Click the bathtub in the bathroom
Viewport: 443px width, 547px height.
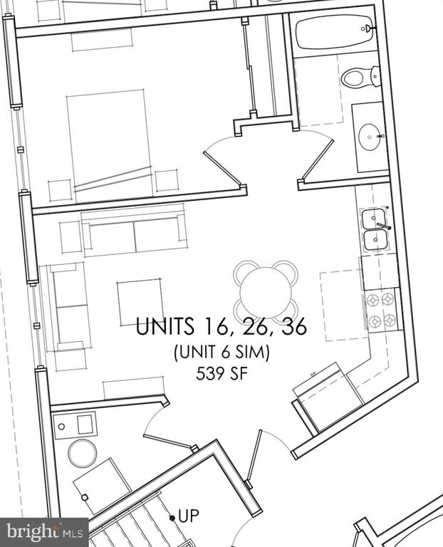pos(335,32)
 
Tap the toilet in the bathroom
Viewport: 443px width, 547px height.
pos(360,77)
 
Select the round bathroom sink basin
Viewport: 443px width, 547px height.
pos(370,137)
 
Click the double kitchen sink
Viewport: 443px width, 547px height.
pos(375,229)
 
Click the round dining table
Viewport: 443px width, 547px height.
pos(266,293)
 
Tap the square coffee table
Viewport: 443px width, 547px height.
pos(140,303)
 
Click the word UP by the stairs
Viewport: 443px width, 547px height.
pos(189,516)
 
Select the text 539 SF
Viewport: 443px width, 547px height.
pos(221,375)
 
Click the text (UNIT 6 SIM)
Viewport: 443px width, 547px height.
pos(221,352)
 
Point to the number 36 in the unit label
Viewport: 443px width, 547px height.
pos(295,326)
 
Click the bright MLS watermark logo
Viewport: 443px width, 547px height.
pos(44,533)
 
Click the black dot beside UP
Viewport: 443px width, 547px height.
pos(172,518)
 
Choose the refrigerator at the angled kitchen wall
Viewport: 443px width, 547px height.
pos(328,397)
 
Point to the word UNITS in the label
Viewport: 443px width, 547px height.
pos(165,326)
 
